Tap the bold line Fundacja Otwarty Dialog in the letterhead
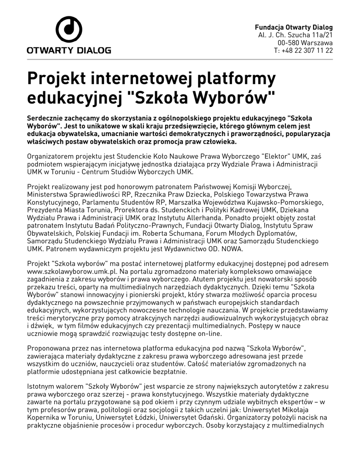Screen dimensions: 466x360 (294, 27)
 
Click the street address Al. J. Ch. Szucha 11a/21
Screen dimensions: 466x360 (295, 35)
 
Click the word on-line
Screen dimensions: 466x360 (209, 334)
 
